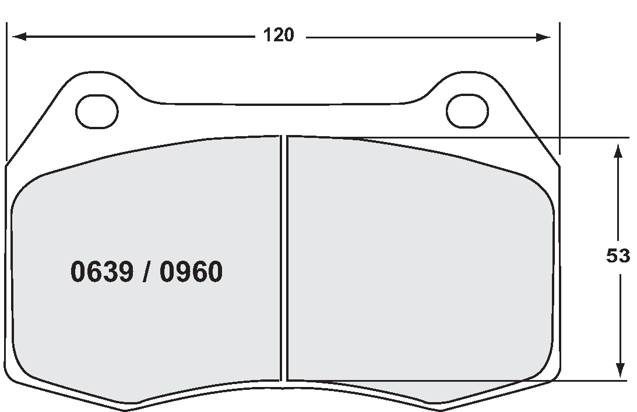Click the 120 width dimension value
tap(278, 35)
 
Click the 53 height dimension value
tap(618, 256)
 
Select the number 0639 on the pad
tap(103, 272)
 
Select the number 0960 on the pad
tap(191, 272)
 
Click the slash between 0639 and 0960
tap(147, 272)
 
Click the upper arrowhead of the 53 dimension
tap(620, 150)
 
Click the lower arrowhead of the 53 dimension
tap(620, 369)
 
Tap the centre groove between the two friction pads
tap(284, 262)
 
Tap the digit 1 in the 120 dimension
tap(267, 35)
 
